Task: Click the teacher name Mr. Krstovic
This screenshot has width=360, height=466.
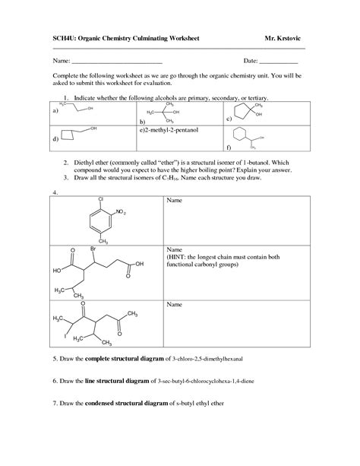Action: coord(286,36)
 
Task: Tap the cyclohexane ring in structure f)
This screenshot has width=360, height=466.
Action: coord(242,135)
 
